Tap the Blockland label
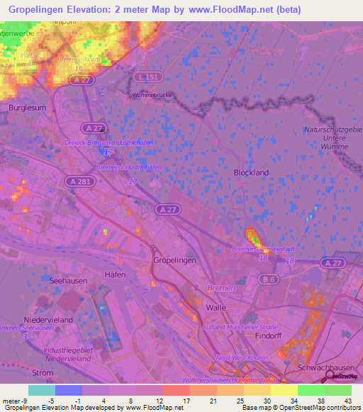point(251,172)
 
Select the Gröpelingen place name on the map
point(173,261)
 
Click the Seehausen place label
point(69,281)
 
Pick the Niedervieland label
point(49,320)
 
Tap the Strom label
point(43,372)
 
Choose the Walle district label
point(215,309)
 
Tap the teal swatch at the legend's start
point(42,390)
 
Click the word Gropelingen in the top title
point(43,10)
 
